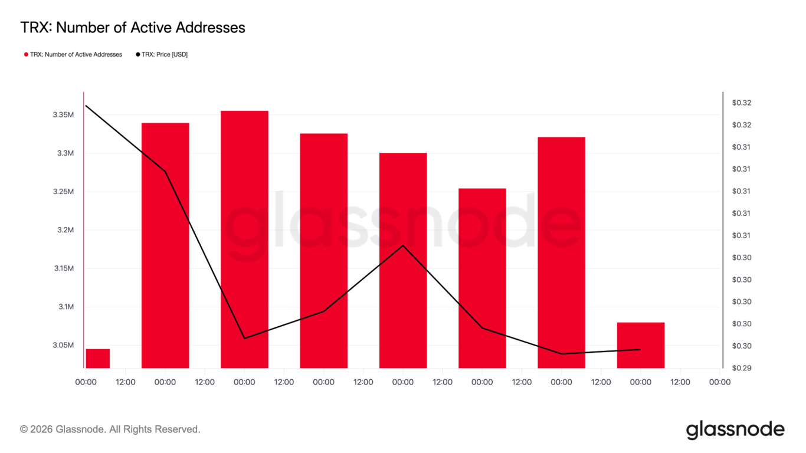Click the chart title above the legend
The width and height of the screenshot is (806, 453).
(x=133, y=27)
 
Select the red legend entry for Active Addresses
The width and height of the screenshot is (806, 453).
(x=73, y=54)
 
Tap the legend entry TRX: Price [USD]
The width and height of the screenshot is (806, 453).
(x=162, y=54)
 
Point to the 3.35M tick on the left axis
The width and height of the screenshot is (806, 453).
(x=63, y=114)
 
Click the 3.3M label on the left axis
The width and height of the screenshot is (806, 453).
(x=65, y=153)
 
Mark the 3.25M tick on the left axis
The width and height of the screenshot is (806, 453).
(x=63, y=192)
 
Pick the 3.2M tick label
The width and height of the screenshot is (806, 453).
(x=65, y=230)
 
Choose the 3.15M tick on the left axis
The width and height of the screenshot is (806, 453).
(x=63, y=268)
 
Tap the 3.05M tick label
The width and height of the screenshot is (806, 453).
(x=63, y=345)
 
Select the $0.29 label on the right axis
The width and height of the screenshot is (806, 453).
(x=742, y=368)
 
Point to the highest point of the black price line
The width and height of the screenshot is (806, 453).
(x=86, y=106)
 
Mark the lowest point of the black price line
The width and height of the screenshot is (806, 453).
(x=561, y=353)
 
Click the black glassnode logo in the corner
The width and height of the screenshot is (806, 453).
(x=735, y=429)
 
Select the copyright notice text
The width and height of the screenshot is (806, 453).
(x=110, y=429)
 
